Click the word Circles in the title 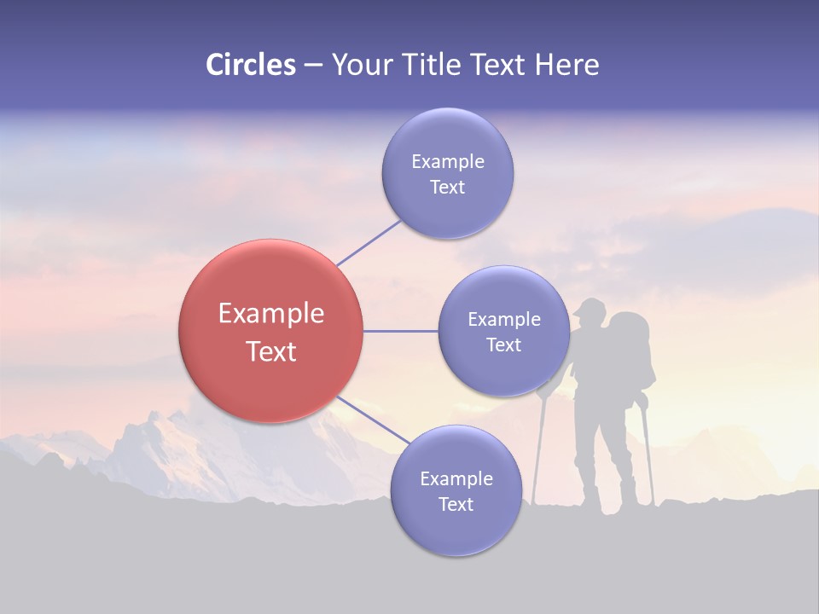tap(250, 65)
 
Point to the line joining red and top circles tap(369, 242)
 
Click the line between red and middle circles tap(400, 331)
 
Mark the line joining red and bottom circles tap(370, 420)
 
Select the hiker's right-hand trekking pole tap(648, 452)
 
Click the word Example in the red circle tap(270, 314)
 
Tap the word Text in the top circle tap(447, 188)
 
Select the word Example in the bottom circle tap(456, 479)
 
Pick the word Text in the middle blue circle tap(503, 345)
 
